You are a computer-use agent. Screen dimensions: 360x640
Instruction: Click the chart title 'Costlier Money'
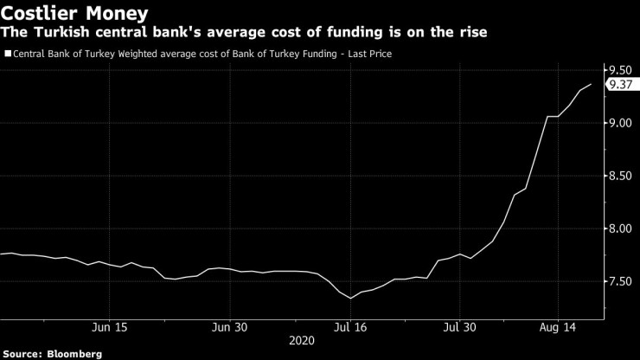[74, 13]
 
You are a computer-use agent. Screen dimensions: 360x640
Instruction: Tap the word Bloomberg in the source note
[75, 353]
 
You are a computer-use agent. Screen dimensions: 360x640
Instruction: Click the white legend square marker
[7, 54]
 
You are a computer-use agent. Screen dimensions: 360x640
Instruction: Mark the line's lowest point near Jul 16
[351, 299]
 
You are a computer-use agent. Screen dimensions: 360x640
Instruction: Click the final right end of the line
[591, 84]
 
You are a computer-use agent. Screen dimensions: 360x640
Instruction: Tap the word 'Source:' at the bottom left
[23, 353]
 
